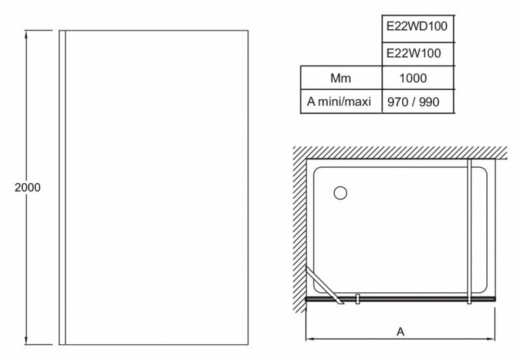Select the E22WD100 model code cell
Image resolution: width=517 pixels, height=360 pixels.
415,29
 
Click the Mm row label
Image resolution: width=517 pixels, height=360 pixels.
340,78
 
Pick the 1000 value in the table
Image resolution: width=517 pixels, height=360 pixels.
415,78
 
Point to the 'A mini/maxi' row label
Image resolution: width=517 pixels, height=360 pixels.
340,102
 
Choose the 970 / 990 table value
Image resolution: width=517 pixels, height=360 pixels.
415,102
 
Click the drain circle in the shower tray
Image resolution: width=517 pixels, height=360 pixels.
340,193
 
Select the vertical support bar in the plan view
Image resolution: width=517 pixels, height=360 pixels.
471,228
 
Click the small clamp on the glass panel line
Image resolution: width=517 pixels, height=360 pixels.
358,299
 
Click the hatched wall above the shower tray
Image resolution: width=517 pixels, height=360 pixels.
398,152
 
